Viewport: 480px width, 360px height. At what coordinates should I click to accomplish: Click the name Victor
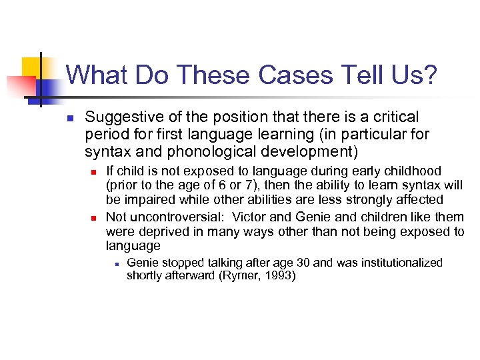pos(249,217)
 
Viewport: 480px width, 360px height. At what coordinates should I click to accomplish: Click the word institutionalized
pos(393,263)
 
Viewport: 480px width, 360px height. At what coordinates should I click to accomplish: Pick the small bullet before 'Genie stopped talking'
pos(115,264)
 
